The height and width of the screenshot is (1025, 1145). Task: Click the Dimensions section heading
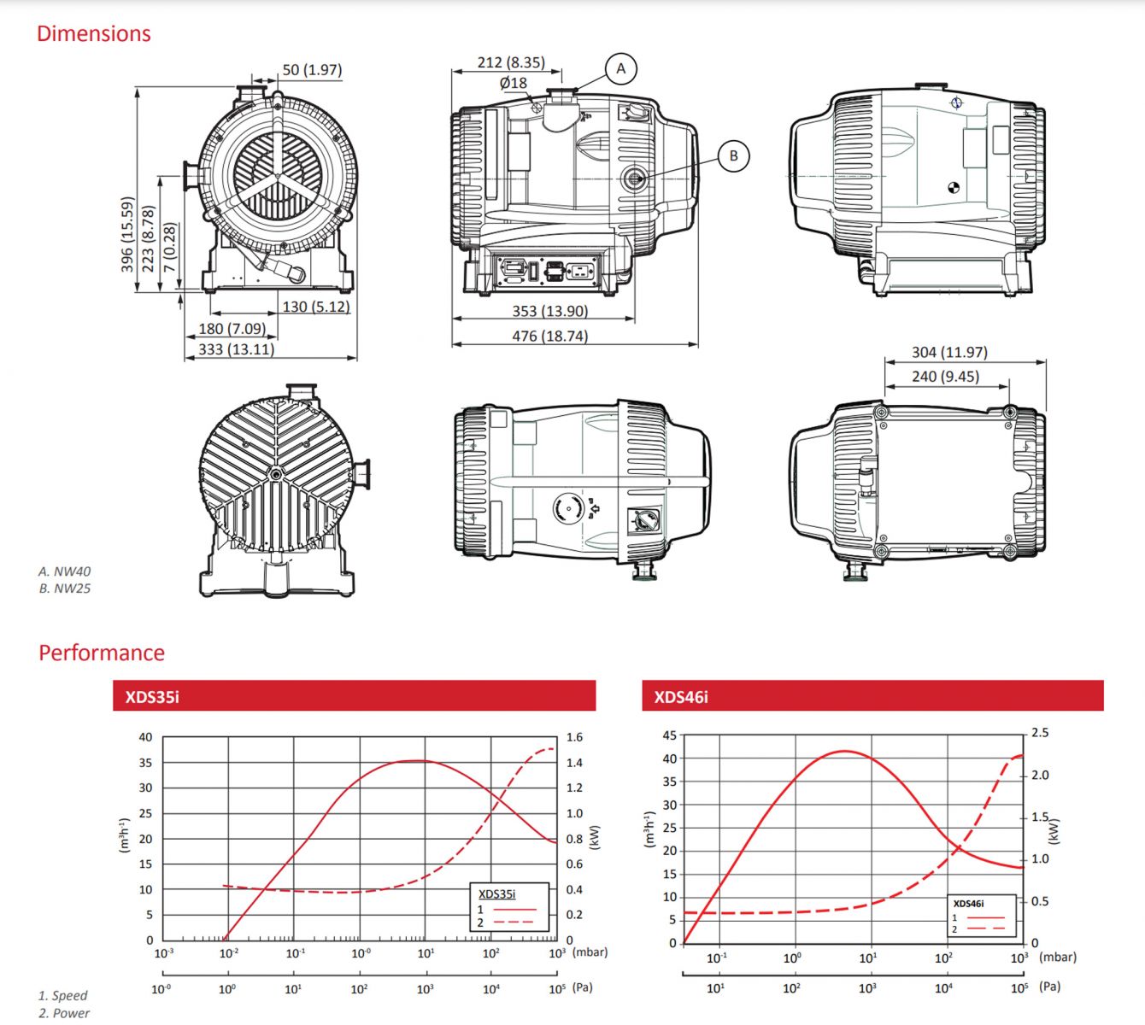tap(94, 34)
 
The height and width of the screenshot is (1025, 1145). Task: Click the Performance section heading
tap(102, 653)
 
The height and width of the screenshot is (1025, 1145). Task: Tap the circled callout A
tap(621, 68)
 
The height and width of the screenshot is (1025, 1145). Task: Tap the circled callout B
tap(733, 155)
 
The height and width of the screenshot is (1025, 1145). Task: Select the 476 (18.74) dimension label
tap(550, 337)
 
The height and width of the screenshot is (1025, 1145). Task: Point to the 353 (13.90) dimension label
tap(550, 311)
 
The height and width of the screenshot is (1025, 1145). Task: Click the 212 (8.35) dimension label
tap(511, 62)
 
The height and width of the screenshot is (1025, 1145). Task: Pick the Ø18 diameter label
tap(514, 83)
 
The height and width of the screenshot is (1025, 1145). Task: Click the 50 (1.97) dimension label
tap(312, 70)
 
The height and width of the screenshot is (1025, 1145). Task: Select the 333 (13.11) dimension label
tap(236, 349)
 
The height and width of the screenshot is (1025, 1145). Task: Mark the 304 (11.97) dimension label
tap(949, 352)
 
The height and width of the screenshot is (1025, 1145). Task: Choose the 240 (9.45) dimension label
tap(946, 377)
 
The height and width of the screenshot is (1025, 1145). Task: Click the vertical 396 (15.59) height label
tap(127, 234)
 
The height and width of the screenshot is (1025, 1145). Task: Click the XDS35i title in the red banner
tap(152, 697)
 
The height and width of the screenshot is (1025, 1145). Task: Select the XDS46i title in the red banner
tap(681, 697)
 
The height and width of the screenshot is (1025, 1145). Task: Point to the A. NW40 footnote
tap(64, 571)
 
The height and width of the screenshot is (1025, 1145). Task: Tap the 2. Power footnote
tap(64, 1013)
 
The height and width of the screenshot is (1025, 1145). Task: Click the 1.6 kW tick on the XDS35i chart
tap(574, 737)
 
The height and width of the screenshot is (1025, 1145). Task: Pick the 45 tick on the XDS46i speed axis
tap(670, 735)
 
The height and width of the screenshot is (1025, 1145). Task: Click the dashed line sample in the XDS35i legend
tap(514, 922)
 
